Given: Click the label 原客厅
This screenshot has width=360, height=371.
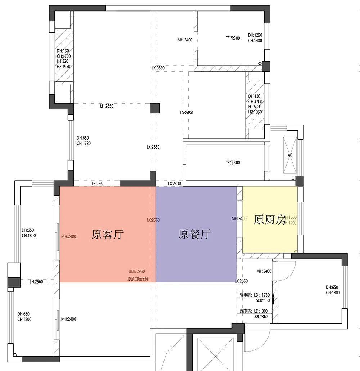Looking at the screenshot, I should (108, 235).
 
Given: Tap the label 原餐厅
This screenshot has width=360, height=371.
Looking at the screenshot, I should (194, 235).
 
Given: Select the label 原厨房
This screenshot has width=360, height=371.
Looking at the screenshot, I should (270, 220).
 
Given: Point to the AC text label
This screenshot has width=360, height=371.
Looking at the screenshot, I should (290, 155).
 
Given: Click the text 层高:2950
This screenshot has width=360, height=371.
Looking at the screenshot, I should (137, 272).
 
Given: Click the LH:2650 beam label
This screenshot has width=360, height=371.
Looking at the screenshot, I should (107, 106).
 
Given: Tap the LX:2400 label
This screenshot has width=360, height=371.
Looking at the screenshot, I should (175, 184).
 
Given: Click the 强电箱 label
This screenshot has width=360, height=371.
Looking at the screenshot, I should (247, 295).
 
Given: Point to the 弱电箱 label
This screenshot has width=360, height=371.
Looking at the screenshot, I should (247, 311).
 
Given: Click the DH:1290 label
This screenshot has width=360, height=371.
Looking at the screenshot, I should (255, 35).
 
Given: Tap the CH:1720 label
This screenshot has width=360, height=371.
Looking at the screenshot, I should (84, 144).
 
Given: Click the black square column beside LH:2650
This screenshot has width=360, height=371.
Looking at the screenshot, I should (155, 108).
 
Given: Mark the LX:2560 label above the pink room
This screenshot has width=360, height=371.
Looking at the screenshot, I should (98, 184).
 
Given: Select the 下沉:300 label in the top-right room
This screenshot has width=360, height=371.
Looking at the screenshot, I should (233, 38).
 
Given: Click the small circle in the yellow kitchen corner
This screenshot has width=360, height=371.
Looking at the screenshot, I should (296, 251).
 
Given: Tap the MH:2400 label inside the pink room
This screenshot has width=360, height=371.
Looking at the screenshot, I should (68, 236).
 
